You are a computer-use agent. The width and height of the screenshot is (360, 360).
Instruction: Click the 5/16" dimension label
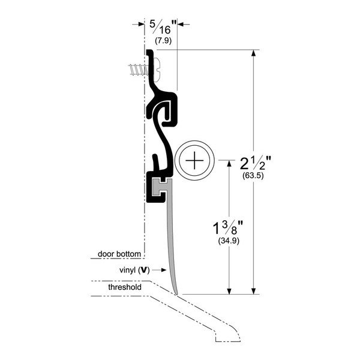[x=163, y=27]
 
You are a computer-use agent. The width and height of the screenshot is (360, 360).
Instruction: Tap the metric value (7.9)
[x=163, y=41]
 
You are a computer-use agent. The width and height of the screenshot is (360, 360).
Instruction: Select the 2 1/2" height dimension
[x=256, y=163]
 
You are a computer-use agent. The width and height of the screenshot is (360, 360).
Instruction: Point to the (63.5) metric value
[x=253, y=176]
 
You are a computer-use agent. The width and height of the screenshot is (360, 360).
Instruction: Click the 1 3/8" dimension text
[x=228, y=228]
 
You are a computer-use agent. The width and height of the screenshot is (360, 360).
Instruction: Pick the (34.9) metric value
[x=229, y=241]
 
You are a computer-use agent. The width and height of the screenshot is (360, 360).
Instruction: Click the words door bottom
[x=119, y=254]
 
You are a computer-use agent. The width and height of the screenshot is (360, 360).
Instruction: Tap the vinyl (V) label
[x=134, y=270]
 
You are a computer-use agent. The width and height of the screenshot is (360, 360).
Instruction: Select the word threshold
[x=125, y=287]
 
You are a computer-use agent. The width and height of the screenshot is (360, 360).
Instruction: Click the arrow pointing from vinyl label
[x=159, y=270]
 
